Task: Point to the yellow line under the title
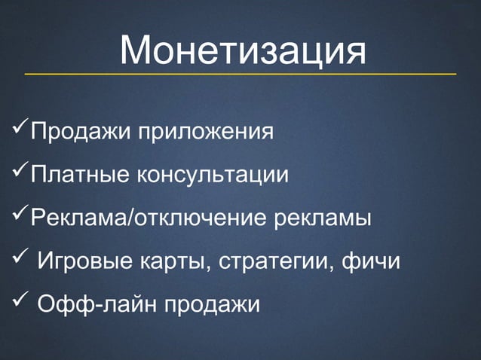(x=240, y=75)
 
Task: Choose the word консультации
(x=213, y=176)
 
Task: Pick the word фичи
(x=371, y=262)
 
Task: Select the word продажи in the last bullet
(x=213, y=305)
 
